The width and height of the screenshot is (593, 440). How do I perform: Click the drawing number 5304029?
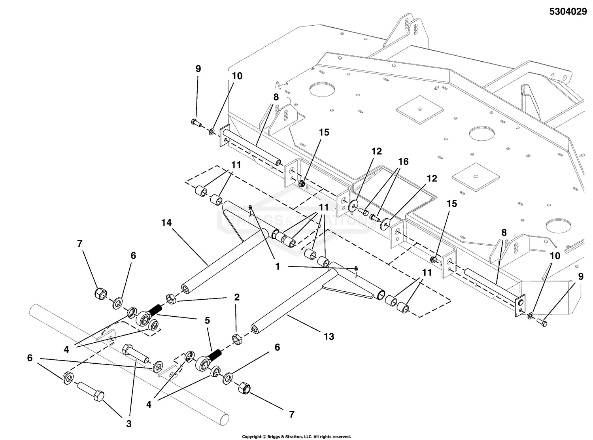click(x=568, y=12)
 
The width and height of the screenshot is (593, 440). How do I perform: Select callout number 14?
click(x=166, y=223)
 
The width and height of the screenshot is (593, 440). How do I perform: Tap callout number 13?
click(x=329, y=336)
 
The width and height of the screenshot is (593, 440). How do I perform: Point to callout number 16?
click(x=403, y=162)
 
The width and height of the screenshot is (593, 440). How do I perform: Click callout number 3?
click(x=128, y=424)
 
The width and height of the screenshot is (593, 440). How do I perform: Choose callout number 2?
click(x=236, y=297)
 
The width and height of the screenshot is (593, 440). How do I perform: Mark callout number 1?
click(x=277, y=266)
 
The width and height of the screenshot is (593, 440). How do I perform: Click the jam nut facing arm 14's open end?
click(x=171, y=299)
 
